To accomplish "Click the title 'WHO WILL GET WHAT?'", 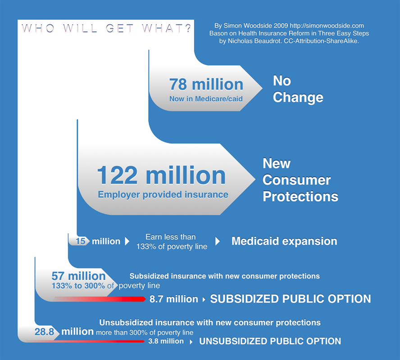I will point(106,28).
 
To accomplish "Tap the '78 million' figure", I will point(206,84).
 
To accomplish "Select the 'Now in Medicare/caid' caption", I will point(206,99).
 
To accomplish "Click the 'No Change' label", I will point(298,89).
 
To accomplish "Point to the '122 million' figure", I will point(161,175).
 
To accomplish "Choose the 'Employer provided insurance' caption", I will point(163,195).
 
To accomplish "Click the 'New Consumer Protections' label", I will point(300,180).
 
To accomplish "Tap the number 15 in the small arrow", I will point(80,242).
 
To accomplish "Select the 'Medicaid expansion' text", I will point(284,241).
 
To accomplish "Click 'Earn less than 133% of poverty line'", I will point(172,242).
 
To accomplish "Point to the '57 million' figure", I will point(78,276).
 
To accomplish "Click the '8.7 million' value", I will point(174,299).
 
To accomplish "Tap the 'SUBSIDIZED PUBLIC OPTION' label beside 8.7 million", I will point(291,299).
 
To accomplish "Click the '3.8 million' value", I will point(166,342).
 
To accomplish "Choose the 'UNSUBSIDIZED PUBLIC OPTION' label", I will point(270,341).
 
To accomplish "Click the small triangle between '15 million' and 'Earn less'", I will point(127,242).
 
